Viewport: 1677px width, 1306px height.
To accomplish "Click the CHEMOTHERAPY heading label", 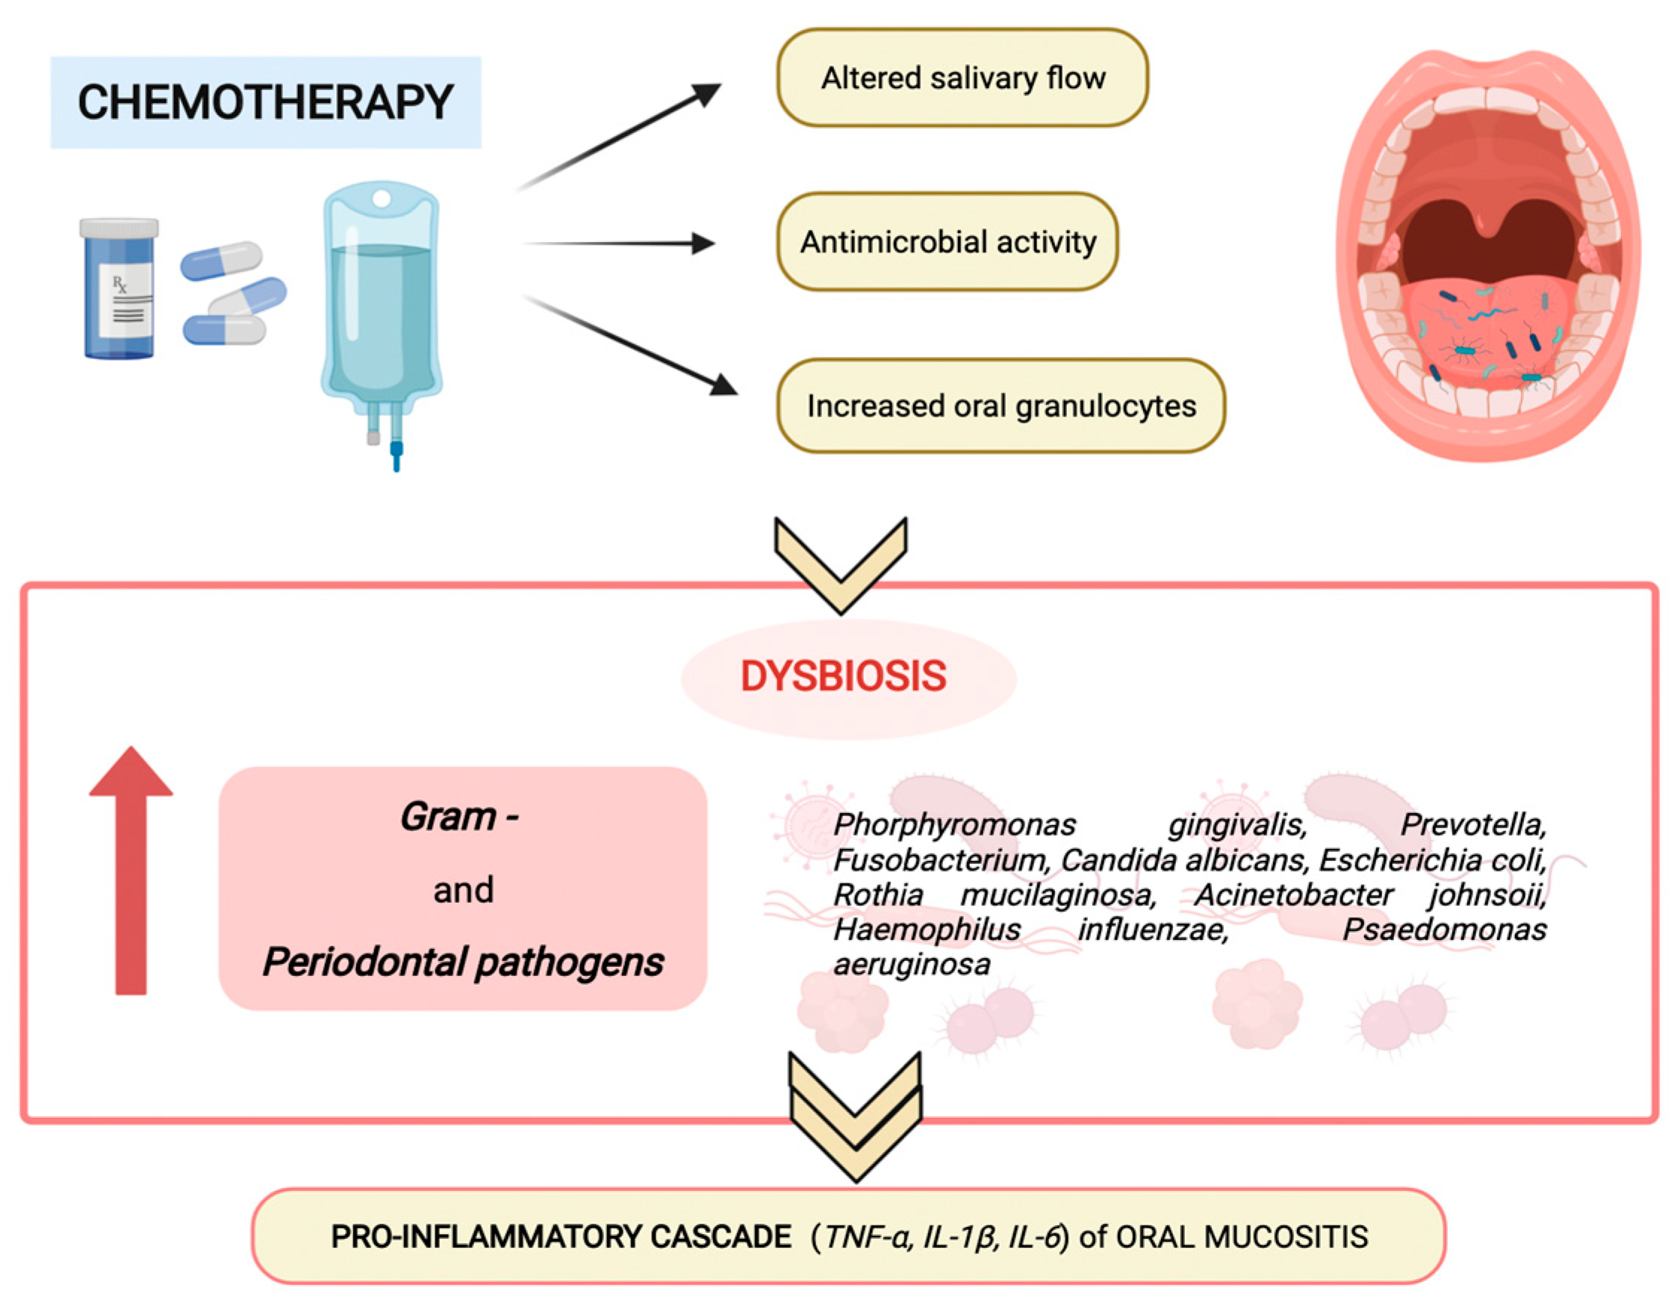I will [x=265, y=102].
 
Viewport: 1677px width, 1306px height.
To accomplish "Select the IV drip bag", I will [x=382, y=307].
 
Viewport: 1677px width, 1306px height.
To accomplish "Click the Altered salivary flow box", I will [x=962, y=78].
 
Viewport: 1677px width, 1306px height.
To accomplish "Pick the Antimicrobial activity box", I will [x=947, y=242].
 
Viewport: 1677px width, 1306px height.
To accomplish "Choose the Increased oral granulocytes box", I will [x=1001, y=406].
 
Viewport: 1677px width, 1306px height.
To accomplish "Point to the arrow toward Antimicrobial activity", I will [x=618, y=243].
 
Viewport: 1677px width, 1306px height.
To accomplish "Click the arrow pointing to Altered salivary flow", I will [x=618, y=138].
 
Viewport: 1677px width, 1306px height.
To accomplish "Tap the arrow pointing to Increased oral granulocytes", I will [x=629, y=346].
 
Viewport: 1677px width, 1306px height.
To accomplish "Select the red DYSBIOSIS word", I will [x=843, y=677].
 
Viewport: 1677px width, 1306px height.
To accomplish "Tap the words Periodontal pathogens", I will [x=463, y=962].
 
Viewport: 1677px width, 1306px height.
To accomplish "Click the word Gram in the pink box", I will [x=448, y=817].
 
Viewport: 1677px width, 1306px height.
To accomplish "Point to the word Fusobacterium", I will [x=940, y=860].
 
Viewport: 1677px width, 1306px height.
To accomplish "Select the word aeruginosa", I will [x=912, y=964].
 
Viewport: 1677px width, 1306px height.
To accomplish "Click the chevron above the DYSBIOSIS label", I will [x=841, y=565].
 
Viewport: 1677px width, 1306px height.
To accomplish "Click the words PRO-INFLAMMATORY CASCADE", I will [x=561, y=1237].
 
